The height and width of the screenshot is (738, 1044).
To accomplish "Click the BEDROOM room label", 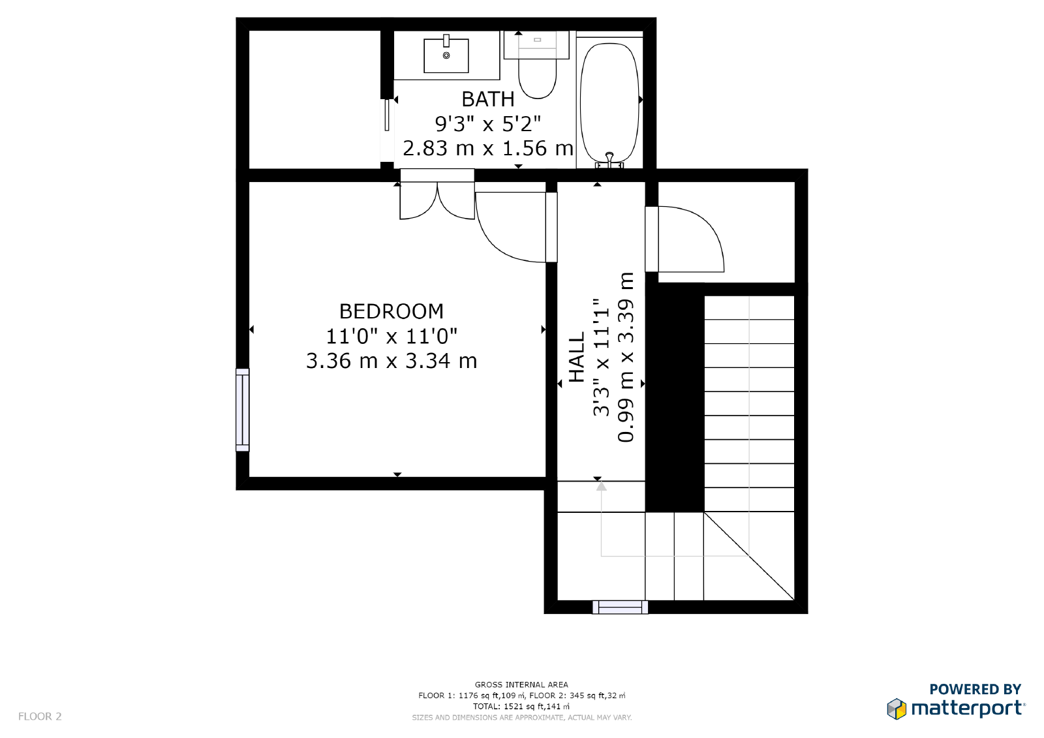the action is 391,311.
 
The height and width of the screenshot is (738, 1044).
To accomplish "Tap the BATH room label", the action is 488,99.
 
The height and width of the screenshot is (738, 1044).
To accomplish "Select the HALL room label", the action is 577,357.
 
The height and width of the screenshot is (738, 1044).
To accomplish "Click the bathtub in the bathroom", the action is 609,102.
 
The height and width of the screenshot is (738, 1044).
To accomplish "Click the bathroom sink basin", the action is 446,56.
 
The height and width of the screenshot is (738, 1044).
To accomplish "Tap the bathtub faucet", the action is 609,159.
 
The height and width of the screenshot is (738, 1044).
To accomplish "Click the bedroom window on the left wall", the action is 242,410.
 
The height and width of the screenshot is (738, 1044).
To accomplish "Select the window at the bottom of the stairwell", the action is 620,607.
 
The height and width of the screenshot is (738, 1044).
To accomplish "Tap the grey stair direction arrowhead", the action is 601,486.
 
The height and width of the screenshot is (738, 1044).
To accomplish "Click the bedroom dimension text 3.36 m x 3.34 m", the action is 391,361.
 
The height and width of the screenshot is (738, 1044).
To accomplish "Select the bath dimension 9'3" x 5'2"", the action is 488,124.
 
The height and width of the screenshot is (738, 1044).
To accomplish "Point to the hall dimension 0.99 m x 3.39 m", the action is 626,357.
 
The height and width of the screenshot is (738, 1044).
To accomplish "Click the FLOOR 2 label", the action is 40,716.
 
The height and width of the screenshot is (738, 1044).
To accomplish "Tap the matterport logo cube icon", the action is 897,709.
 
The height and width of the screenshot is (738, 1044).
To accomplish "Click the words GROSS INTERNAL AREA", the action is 521,684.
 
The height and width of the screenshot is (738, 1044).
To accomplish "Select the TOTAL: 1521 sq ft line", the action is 521,706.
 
